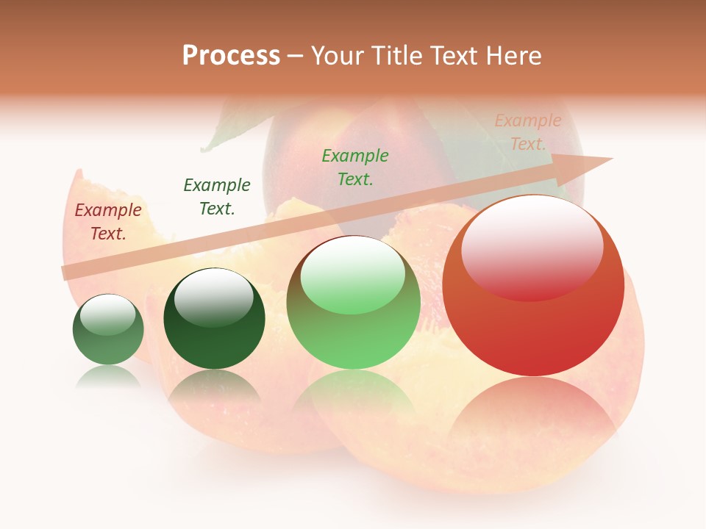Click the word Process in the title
(231, 56)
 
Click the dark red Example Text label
(108, 222)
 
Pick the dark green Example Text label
(217, 197)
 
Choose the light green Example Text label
(355, 167)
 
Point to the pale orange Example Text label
(528, 132)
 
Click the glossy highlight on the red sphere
(532, 246)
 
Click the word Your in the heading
(335, 56)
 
